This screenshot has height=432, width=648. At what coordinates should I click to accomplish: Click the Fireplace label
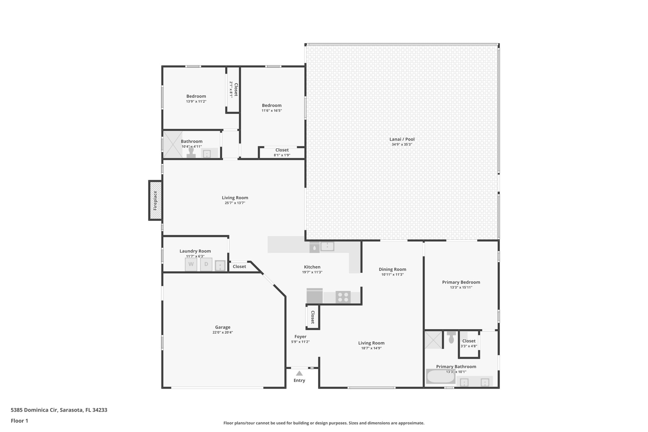pos(155,200)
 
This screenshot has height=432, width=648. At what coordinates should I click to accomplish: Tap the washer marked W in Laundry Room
pos(191,264)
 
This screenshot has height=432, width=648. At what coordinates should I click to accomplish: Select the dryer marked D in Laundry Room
pos(206,264)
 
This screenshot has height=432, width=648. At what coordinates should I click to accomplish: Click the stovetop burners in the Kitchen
pos(343,297)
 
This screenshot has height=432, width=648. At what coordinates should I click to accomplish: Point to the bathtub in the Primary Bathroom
pos(440,376)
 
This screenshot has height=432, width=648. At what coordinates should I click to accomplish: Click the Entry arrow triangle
pos(299,373)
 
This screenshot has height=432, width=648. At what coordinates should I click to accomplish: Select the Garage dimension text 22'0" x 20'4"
pos(223,332)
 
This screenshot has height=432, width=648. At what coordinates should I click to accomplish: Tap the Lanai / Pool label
pos(402,139)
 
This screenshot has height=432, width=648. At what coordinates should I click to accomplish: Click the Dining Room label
pos(392,269)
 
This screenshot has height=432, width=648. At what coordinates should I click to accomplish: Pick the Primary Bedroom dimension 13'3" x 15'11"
pos(461,287)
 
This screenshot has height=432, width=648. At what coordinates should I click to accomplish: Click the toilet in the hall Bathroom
pos(191,153)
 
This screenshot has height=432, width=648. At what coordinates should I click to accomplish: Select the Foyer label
pos(300,336)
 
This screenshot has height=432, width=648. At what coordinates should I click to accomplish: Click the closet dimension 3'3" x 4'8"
pos(469,346)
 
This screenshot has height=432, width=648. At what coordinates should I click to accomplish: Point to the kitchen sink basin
pos(327,246)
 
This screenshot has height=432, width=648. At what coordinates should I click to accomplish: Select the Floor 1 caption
pos(19,421)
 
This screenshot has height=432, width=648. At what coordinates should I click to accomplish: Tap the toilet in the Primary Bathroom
pos(452,338)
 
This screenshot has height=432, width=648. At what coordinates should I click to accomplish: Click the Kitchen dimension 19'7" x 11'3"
pos(312,272)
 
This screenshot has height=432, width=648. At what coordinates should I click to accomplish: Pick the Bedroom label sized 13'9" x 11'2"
pos(196,96)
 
